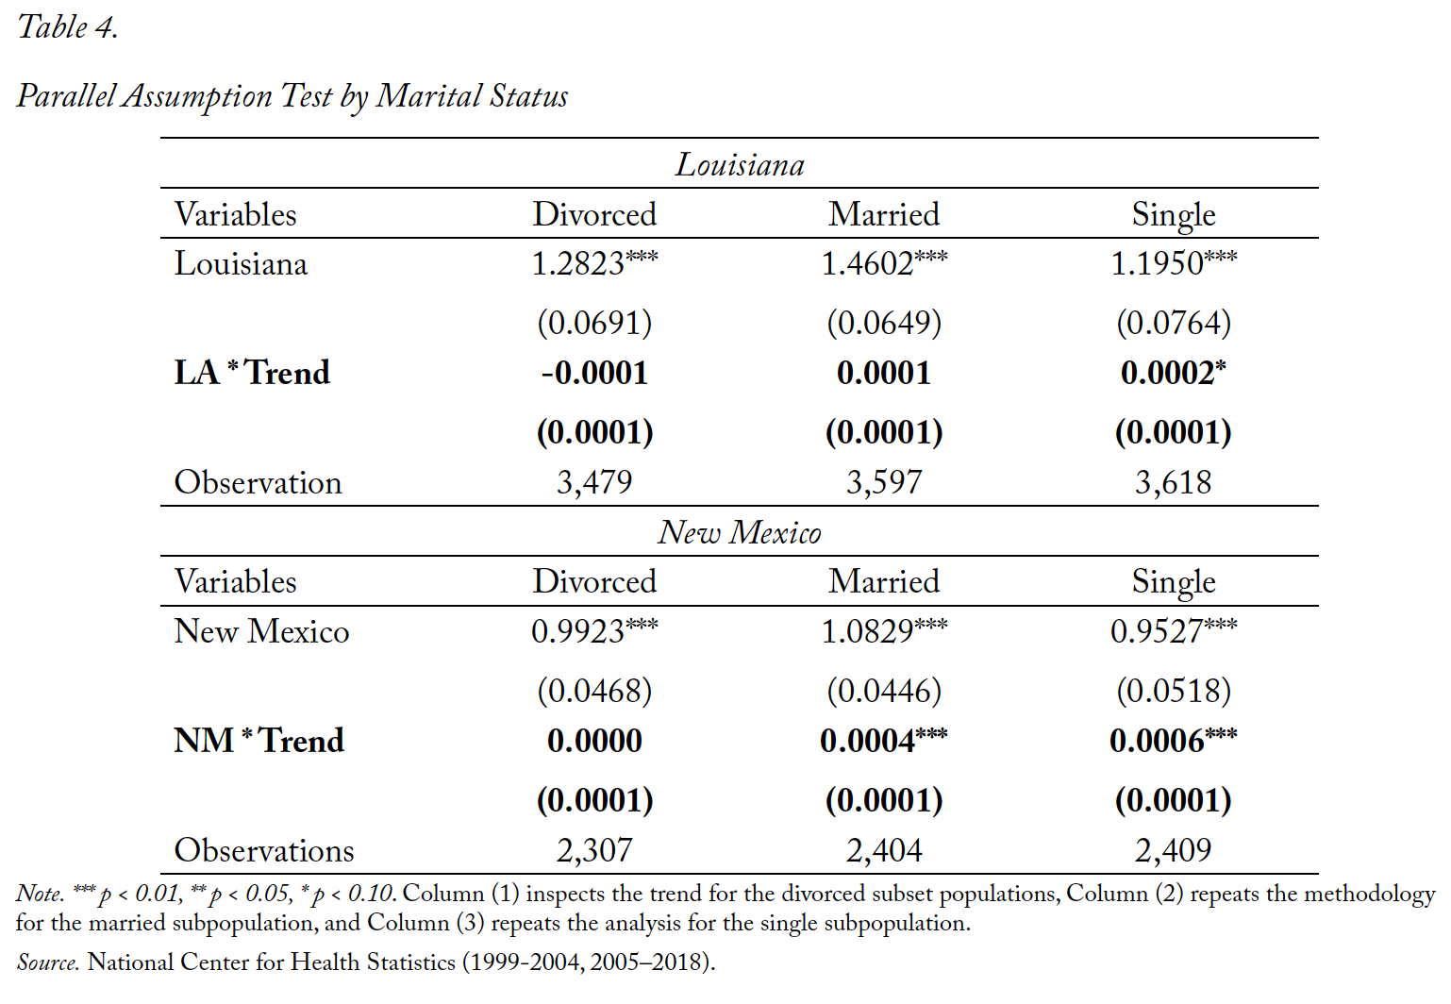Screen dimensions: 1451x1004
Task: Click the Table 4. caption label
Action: click(x=68, y=27)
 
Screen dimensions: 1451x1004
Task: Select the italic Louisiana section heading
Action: click(x=740, y=164)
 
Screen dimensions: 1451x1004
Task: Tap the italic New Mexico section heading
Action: click(x=739, y=532)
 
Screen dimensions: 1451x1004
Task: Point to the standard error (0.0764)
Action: click(x=1173, y=323)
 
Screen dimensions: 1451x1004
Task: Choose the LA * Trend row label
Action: click(x=252, y=373)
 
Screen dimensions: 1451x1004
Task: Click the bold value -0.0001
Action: click(x=594, y=373)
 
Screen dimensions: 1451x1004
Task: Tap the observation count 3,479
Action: click(x=594, y=482)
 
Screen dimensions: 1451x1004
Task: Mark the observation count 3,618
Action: click(x=1173, y=482)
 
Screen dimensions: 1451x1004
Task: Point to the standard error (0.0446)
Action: click(x=884, y=691)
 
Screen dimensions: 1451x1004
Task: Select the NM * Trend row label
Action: click(x=259, y=741)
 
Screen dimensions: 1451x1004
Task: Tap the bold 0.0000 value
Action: click(x=594, y=741)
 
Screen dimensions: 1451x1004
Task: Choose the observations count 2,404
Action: click(x=884, y=850)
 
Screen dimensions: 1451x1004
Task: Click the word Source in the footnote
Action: click(x=47, y=962)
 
